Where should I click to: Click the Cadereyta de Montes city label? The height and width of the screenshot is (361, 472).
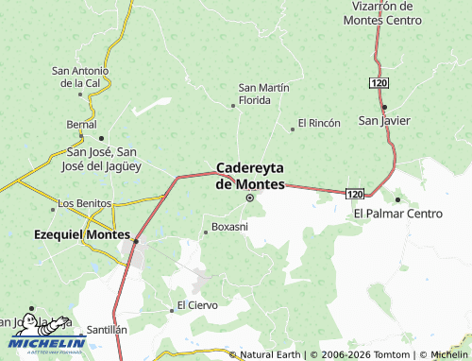coord(250,176)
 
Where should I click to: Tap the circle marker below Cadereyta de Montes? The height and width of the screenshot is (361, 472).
coord(250,198)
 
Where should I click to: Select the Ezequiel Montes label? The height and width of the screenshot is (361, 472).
coord(81,234)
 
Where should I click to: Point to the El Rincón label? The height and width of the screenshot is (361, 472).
coord(318,123)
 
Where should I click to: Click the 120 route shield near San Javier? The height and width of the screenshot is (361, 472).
coord(379,84)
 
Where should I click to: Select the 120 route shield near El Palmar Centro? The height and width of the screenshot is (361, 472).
coord(354,193)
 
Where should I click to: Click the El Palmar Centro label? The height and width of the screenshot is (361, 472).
coord(398,214)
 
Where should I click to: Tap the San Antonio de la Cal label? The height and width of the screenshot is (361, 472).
coord(80,77)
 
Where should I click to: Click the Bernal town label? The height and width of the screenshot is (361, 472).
coord(81,124)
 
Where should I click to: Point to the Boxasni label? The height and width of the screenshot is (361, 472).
coord(229,227)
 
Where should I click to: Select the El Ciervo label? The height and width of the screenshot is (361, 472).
coord(197,305)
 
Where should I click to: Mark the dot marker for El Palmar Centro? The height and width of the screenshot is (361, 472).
coord(398,199)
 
